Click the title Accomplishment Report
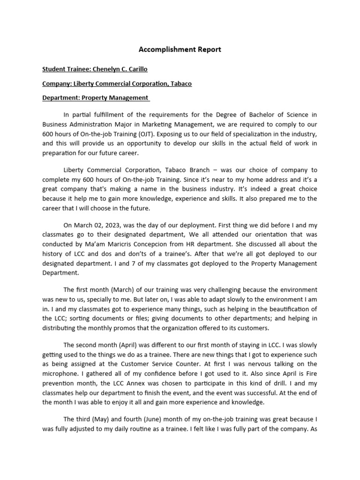click(180, 49)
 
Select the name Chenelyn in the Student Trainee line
click(106, 69)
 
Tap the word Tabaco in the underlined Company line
click(180, 84)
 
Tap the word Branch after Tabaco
click(167, 170)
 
